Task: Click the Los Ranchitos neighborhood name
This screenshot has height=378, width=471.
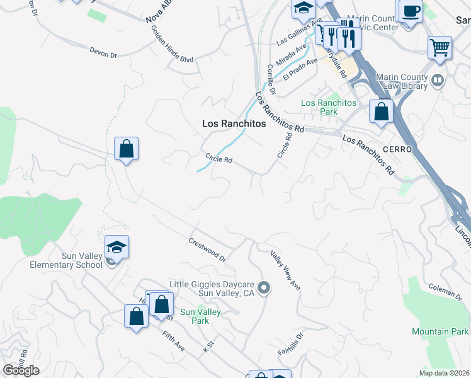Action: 234,124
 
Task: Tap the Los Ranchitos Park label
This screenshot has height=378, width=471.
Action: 329,107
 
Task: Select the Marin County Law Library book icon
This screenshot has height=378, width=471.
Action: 437,81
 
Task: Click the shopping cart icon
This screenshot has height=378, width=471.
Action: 440,47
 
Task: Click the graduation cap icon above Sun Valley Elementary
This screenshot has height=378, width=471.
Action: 116,247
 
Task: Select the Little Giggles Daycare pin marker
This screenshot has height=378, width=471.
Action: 264,289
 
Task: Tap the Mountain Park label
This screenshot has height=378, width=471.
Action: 440,331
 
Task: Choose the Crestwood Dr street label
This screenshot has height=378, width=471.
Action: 207,249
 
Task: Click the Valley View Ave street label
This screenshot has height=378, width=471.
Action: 286,271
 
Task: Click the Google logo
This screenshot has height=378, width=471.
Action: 21,370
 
